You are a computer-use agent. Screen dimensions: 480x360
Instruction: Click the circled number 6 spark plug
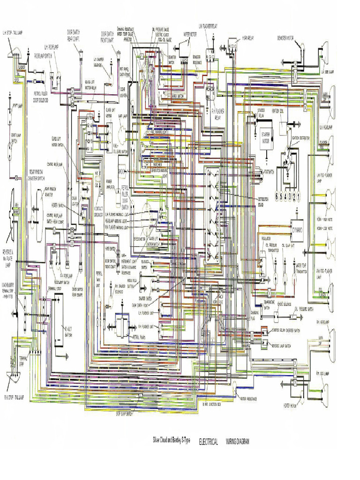277,195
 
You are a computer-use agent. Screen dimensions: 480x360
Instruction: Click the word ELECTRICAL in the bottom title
209,442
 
